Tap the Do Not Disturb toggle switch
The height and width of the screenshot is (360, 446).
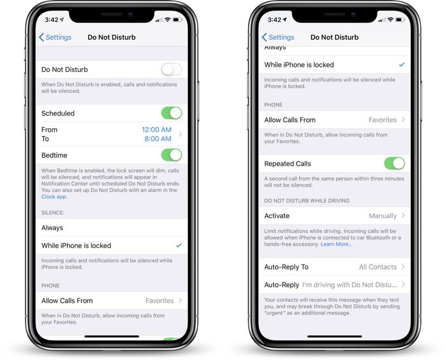pyautogui.click(x=172, y=70)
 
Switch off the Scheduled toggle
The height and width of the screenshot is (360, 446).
pyautogui.click(x=172, y=113)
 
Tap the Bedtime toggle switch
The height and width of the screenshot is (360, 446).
pyautogui.click(x=172, y=155)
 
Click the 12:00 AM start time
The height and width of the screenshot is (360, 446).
pyautogui.click(x=157, y=130)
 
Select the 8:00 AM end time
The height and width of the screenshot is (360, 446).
pyautogui.click(x=158, y=139)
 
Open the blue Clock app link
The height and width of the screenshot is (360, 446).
pyautogui.click(x=54, y=197)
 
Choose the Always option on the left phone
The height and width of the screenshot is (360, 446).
pyautogui.click(x=52, y=228)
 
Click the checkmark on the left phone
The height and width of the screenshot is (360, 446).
pyautogui.click(x=178, y=245)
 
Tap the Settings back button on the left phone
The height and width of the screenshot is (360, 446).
pyautogui.click(x=55, y=37)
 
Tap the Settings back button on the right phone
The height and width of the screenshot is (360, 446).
pyautogui.click(x=278, y=37)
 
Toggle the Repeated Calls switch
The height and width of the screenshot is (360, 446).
pyautogui.click(x=395, y=163)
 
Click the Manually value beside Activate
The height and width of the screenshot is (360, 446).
pyautogui.click(x=382, y=216)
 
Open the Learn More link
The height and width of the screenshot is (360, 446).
pyautogui.click(x=337, y=244)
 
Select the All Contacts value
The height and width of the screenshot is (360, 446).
pyautogui.click(x=378, y=267)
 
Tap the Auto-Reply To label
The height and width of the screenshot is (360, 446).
pyautogui.click(x=287, y=267)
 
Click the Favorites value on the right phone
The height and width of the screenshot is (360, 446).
pyautogui.click(x=382, y=120)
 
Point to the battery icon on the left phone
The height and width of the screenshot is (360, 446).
pyautogui.click(x=177, y=20)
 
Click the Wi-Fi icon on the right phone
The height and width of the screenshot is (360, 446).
pyautogui.click(x=391, y=20)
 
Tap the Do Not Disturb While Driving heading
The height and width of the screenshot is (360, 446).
pyautogui.click(x=307, y=201)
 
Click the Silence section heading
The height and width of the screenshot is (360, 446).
pyautogui.click(x=53, y=213)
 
